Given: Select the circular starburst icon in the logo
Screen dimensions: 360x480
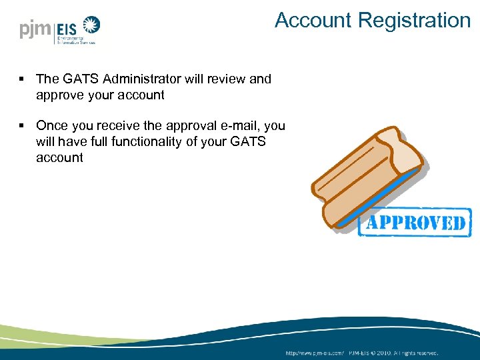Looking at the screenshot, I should [x=91, y=27].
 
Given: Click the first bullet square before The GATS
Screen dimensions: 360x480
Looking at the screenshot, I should [x=22, y=79].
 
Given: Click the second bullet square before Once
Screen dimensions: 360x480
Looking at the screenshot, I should [x=22, y=126].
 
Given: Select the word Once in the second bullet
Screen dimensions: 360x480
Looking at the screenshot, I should [x=51, y=125].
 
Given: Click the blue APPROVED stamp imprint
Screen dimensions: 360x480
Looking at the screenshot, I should [x=415, y=223].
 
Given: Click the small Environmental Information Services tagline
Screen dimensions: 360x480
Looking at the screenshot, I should [x=75, y=40].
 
